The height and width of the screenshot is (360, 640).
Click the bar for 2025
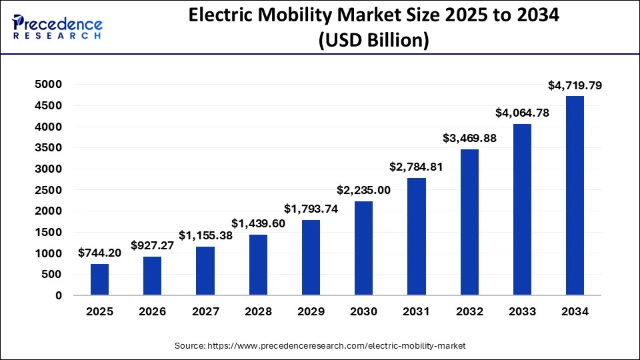(99, 279)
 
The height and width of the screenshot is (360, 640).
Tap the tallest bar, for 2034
(575, 195)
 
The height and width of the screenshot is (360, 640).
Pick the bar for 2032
(469, 222)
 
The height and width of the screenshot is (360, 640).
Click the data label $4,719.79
(575, 85)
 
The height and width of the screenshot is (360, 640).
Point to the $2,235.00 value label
(363, 190)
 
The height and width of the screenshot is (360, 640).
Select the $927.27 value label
(153, 245)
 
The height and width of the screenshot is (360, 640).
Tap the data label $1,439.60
(258, 223)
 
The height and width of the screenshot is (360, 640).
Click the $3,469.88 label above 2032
(469, 138)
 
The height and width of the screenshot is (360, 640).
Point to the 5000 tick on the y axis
(49, 85)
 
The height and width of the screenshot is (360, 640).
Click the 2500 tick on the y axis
(49, 190)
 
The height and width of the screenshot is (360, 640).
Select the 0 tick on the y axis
(59, 295)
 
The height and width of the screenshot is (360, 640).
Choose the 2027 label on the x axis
(205, 312)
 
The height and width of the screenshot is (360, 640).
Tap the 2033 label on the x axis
(522, 312)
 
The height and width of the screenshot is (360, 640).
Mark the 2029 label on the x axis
(311, 312)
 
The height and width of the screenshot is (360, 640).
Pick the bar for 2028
(258, 265)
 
